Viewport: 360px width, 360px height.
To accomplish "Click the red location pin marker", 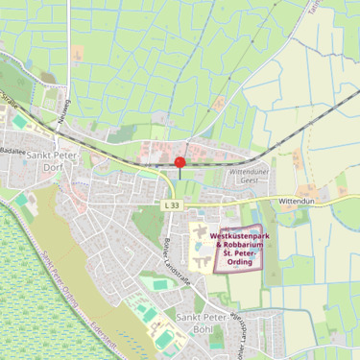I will pyautogui.click(x=180, y=162).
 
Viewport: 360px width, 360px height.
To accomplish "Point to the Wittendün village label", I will pyautogui.click(x=298, y=202).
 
